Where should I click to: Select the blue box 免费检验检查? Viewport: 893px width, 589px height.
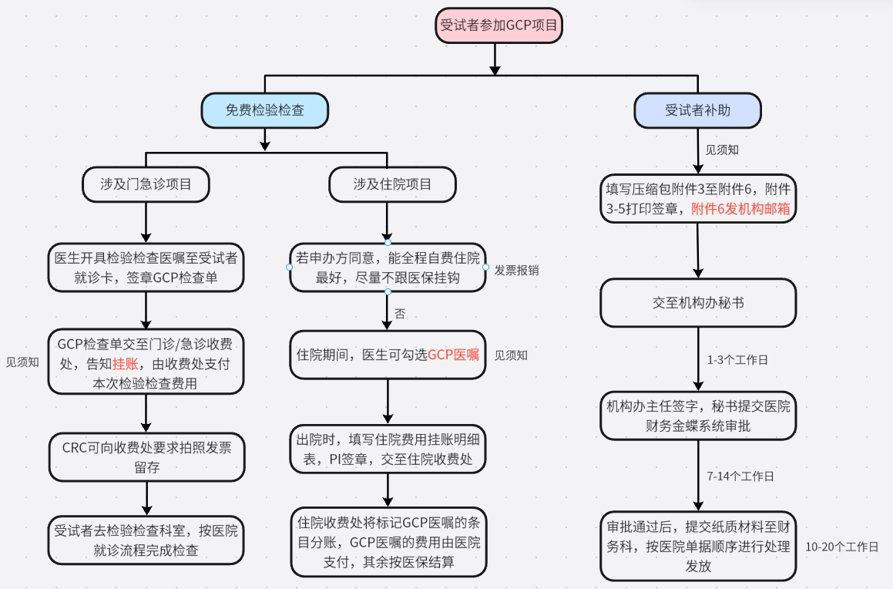[264, 110]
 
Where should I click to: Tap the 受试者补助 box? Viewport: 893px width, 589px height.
[697, 110]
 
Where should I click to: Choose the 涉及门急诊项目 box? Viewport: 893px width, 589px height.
[146, 184]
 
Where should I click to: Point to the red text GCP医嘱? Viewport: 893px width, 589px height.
[453, 355]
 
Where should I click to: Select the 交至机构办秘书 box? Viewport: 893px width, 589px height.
[697, 303]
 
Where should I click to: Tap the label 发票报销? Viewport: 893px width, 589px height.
[516, 271]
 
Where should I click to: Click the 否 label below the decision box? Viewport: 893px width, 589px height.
[400, 314]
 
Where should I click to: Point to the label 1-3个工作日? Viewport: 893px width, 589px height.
[737, 360]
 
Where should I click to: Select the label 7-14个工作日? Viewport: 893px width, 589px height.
[740, 476]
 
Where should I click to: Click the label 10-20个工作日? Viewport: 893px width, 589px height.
[841, 547]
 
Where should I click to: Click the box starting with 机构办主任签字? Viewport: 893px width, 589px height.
[697, 416]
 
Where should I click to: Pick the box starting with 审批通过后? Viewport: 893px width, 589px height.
[697, 546]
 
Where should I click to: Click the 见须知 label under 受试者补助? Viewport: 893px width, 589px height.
[722, 150]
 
